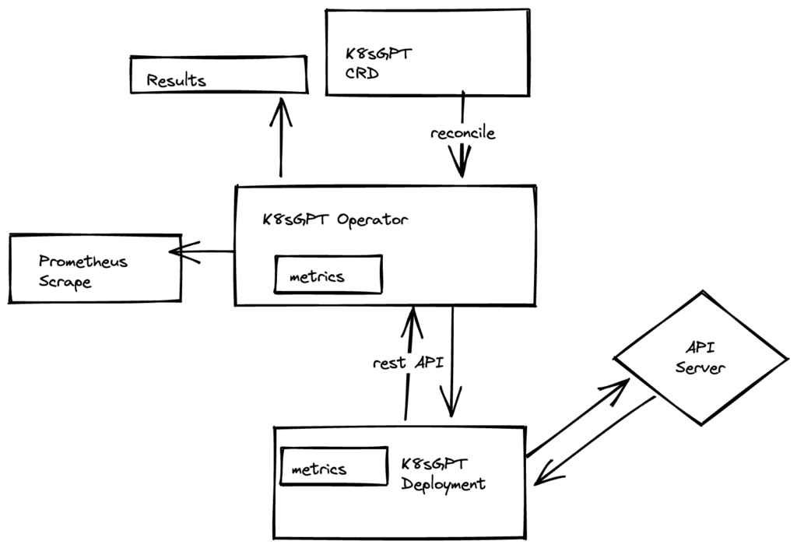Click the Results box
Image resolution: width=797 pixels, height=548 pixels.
pyautogui.click(x=217, y=75)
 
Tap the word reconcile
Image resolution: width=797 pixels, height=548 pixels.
pyautogui.click(x=462, y=133)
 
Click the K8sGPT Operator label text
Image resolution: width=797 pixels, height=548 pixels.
pyautogui.click(x=335, y=219)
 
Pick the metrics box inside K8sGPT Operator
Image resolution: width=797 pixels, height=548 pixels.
pyautogui.click(x=328, y=276)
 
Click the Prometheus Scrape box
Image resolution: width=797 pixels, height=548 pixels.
pyautogui.click(x=94, y=268)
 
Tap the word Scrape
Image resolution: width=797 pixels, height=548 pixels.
pyautogui.click(x=65, y=281)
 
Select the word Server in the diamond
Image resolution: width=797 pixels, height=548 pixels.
pyautogui.click(x=700, y=367)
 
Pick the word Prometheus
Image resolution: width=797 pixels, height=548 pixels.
pyautogui.click(x=83, y=262)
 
